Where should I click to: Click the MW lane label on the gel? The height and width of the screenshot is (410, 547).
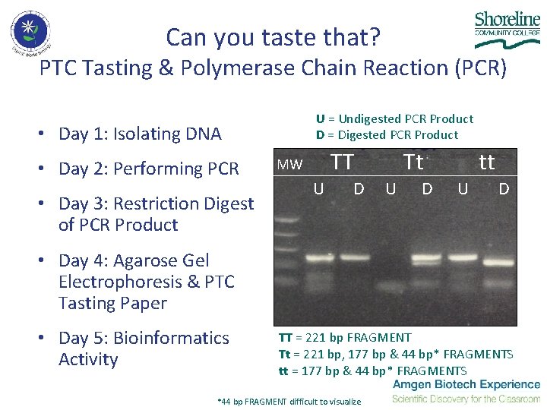click(x=289, y=165)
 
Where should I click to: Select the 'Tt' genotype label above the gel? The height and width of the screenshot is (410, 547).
click(x=413, y=162)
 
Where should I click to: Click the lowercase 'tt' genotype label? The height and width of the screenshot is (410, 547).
click(x=486, y=162)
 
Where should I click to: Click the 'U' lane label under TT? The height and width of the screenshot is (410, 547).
click(x=319, y=188)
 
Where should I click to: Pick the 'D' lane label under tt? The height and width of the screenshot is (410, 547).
click(x=504, y=188)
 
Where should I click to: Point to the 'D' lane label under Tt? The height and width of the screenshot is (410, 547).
click(x=427, y=188)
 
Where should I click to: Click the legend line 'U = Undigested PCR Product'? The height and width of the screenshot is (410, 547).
click(x=394, y=118)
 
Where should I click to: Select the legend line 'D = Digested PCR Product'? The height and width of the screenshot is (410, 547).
click(x=387, y=135)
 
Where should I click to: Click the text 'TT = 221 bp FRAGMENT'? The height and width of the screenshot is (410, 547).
click(x=345, y=337)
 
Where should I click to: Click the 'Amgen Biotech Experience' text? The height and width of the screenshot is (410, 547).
click(x=466, y=386)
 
